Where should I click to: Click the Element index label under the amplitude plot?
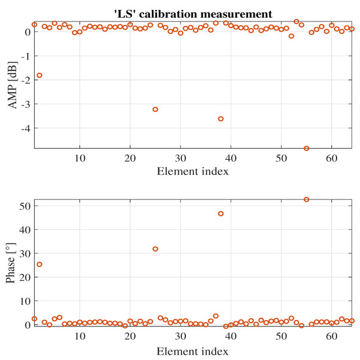click(x=194, y=173)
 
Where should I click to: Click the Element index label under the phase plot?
click(x=194, y=351)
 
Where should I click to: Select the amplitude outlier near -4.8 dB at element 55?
click(x=306, y=149)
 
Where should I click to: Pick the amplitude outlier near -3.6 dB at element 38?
click(x=221, y=118)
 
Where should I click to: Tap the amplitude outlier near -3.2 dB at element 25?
click(x=155, y=109)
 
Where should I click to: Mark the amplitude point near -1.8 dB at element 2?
click(x=39, y=75)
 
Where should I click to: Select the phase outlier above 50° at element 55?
click(x=306, y=199)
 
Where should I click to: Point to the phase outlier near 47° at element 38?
click(x=221, y=213)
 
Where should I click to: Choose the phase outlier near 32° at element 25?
click(x=155, y=249)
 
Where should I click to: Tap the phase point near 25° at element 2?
click(x=39, y=264)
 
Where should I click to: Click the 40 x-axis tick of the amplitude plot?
click(x=231, y=160)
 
